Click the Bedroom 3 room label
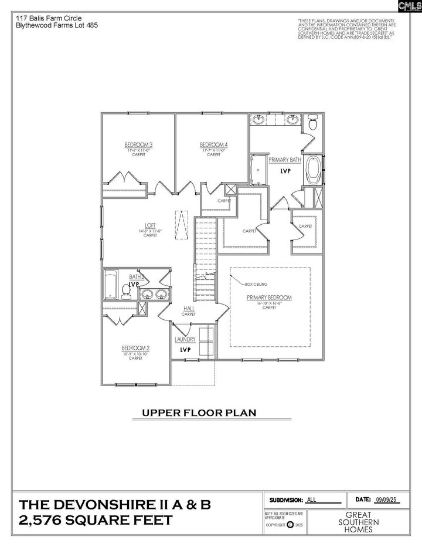(x=139, y=145)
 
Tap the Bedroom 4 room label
(x=213, y=145)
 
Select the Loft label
(x=151, y=225)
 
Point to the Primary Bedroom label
(x=269, y=298)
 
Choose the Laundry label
(x=185, y=339)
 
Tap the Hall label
(x=189, y=309)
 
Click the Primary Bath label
(x=285, y=160)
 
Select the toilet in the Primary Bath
(x=313, y=123)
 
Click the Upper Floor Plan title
(x=199, y=413)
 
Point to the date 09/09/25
(x=385, y=499)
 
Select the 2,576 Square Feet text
(x=96, y=521)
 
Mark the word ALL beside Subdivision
(x=311, y=500)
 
